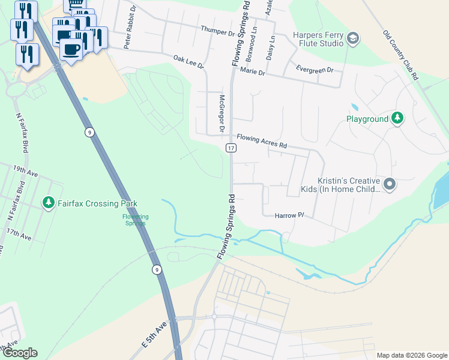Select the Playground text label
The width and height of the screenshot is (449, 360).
click(x=367, y=119)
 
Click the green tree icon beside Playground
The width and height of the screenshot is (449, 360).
click(x=397, y=118)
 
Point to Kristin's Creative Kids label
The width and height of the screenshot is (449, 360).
click(x=348, y=185)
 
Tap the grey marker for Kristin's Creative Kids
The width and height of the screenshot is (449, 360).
click(x=389, y=184)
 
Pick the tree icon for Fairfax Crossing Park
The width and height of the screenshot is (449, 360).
click(x=48, y=203)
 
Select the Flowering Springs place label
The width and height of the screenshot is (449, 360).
click(x=135, y=220)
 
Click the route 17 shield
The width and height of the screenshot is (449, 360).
click(x=231, y=148)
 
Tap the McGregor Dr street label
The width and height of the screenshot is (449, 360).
click(x=221, y=113)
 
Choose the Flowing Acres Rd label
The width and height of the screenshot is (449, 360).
click(x=262, y=141)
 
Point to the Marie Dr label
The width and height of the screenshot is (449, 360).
click(x=252, y=71)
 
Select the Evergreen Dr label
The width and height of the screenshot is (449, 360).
click(x=315, y=70)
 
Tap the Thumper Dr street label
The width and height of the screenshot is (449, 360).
click(x=217, y=31)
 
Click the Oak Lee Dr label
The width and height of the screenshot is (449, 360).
click(x=188, y=62)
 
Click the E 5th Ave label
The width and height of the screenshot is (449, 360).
click(x=153, y=337)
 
